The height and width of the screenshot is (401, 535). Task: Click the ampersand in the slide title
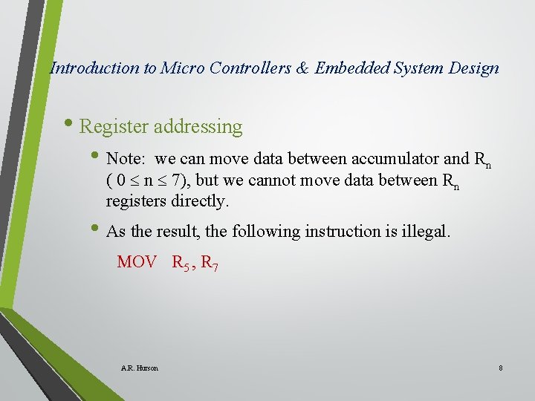[302, 68]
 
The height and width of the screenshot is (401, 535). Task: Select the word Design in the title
[474, 68]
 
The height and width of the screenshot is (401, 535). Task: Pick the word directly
[203, 201]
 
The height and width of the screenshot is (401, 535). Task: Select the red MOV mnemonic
[137, 262]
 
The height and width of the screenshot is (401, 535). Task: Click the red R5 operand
[181, 263]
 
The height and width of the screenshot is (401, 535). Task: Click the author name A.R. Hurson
[139, 368]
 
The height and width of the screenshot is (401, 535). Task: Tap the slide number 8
[501, 368]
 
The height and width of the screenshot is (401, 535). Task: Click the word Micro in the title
[183, 68]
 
